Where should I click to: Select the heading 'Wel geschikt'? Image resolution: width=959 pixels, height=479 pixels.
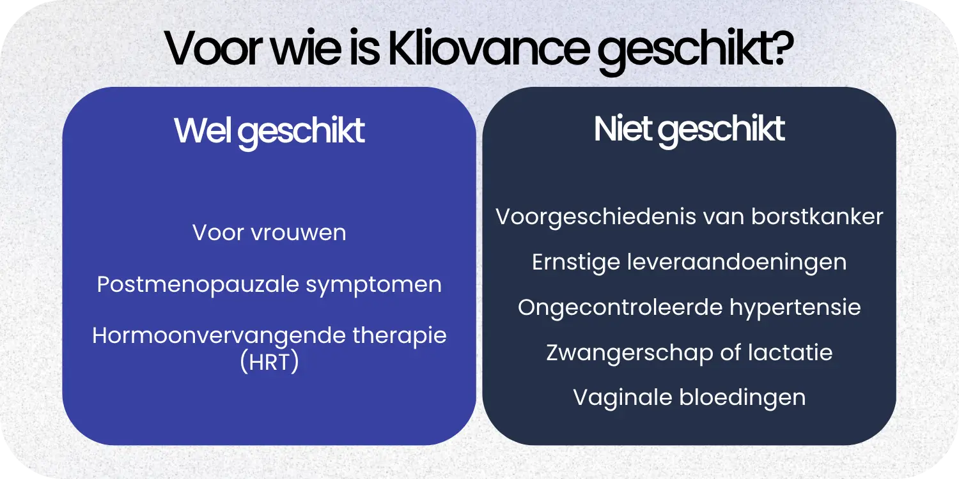coord(269,131)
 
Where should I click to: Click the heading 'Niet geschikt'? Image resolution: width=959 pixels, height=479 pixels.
coord(689,130)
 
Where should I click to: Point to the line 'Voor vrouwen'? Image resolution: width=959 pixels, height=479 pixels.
coord(269,232)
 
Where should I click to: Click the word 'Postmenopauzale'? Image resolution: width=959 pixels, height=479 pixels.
coord(198,284)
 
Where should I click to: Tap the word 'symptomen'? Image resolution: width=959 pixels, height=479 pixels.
coord(373,285)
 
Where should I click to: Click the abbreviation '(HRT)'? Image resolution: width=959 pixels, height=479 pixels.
coord(269,362)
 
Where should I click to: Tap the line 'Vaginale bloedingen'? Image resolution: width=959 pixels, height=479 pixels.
coord(689,397)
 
